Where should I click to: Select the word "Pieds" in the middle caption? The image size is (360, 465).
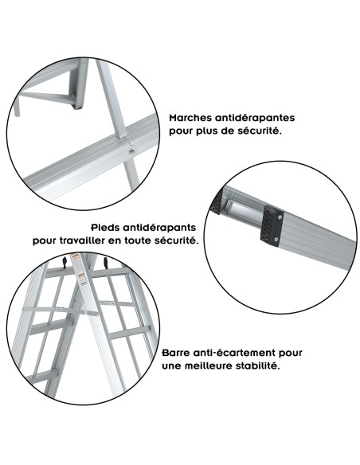(x=108, y=226)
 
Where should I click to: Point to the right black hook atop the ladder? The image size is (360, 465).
(x=104, y=262)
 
